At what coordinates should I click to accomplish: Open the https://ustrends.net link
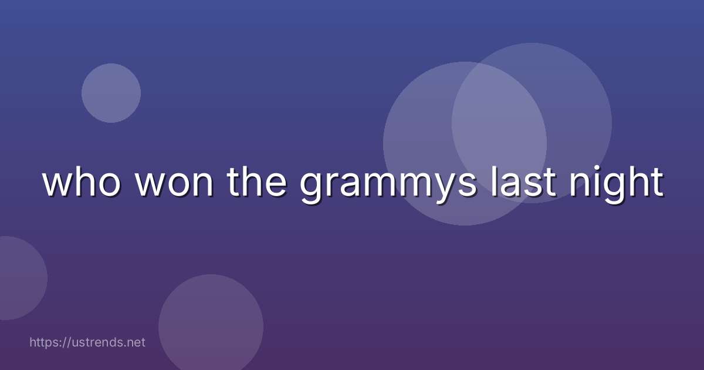[x=87, y=342]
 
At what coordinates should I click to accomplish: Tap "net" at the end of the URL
[x=136, y=342]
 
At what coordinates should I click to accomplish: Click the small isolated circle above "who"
[x=111, y=93]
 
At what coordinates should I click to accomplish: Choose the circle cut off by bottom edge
[x=211, y=326]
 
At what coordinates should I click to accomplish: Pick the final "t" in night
[x=657, y=183]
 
